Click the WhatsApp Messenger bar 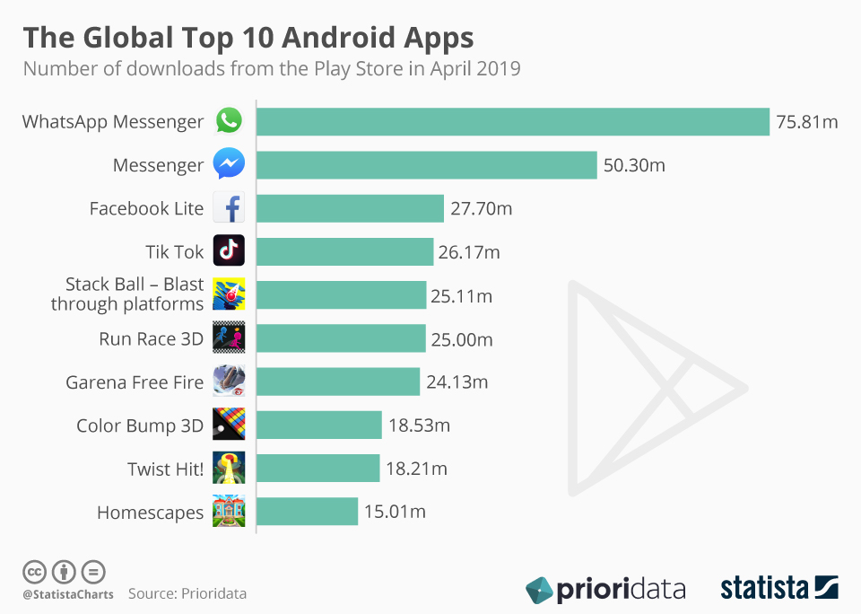coord(513,122)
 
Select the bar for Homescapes coord(308,512)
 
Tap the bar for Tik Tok coord(345,252)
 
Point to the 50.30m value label coord(634,165)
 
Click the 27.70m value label coord(481,208)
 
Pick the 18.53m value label coord(419,425)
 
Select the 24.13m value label coord(457,382)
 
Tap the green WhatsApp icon coord(229,121)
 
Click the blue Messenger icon coord(229,165)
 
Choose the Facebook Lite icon coord(229,208)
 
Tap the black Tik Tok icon coord(229,251)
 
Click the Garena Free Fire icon coord(229,382)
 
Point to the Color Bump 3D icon coord(229,425)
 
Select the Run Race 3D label coord(152,339)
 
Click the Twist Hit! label coord(166,469)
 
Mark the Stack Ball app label coord(127,294)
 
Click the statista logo coord(778,589)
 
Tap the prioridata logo coord(605,590)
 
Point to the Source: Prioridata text coord(187,593)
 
